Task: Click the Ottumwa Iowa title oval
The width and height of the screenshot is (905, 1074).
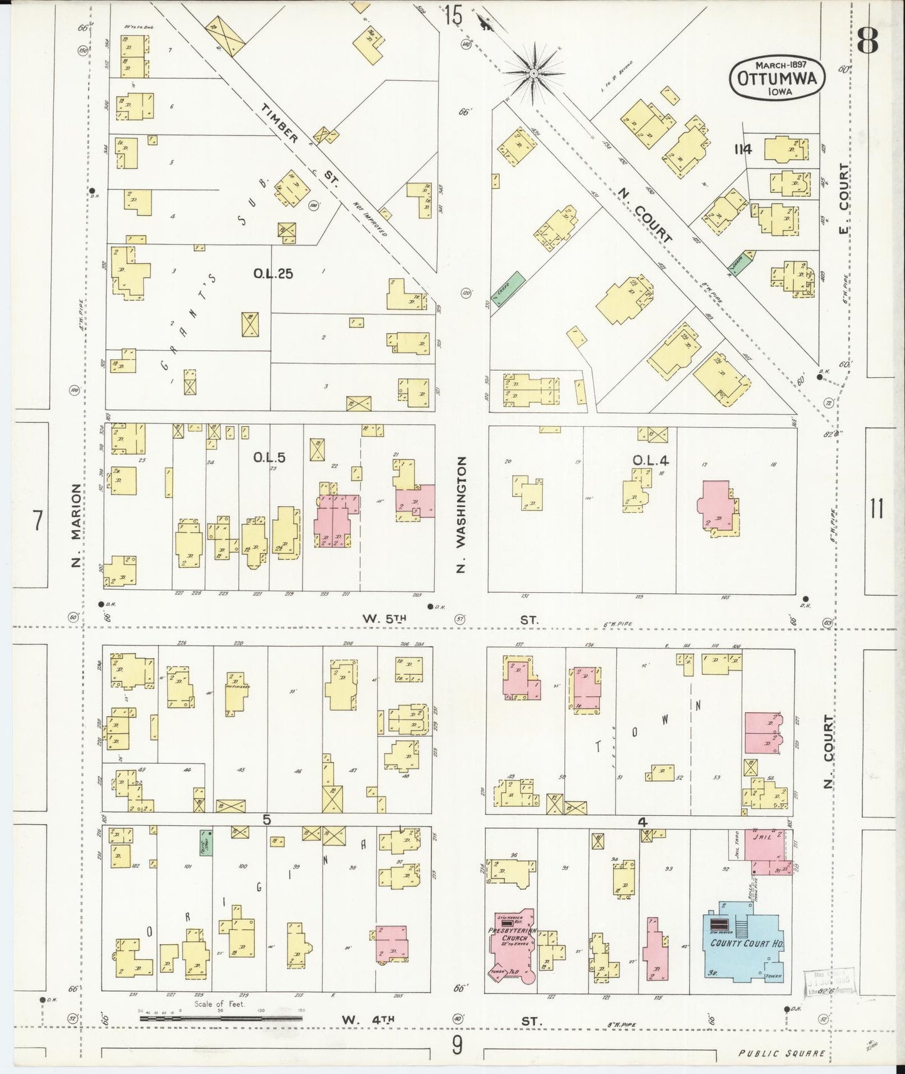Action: click(777, 78)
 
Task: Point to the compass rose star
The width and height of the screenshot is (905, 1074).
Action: click(533, 74)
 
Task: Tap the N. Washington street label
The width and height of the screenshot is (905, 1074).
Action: click(462, 514)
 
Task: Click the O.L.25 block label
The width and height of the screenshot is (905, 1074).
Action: click(272, 274)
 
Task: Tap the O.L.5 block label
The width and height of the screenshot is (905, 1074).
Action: click(269, 458)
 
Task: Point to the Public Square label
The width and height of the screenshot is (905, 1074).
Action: click(781, 1053)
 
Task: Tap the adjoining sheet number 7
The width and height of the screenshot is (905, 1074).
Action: click(38, 520)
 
